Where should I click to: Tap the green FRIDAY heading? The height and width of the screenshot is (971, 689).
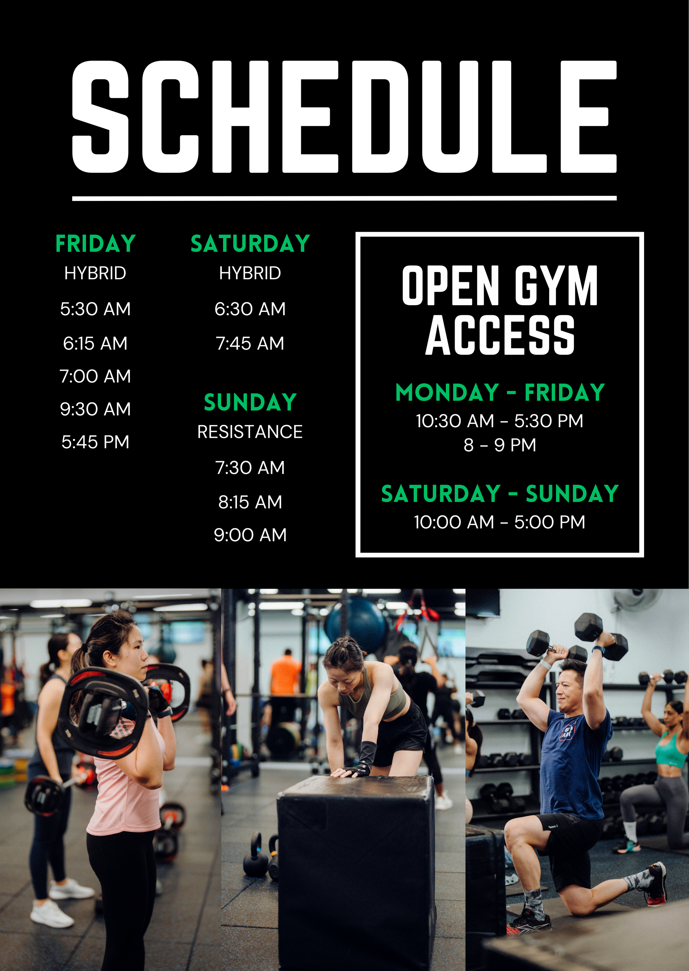[x=96, y=244]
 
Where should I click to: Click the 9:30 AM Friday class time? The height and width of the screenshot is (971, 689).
[x=96, y=409]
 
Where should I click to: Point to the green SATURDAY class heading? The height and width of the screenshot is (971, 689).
[x=250, y=244]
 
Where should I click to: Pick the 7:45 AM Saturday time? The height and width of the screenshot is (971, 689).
[x=250, y=343]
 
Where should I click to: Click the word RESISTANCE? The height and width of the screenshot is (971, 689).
[x=250, y=432]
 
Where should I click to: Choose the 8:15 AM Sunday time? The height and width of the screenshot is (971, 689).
[x=250, y=502]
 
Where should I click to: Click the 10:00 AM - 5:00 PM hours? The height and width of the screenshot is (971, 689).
[x=500, y=522]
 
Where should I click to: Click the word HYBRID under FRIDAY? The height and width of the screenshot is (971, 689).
[x=96, y=273]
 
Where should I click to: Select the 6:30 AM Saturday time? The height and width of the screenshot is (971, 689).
[x=250, y=309]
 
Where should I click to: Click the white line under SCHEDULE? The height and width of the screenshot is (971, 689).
[x=344, y=198]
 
